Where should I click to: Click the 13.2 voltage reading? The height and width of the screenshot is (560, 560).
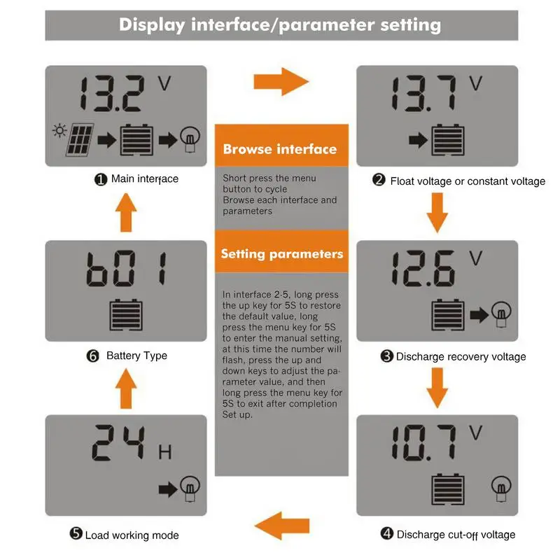(x=112, y=94)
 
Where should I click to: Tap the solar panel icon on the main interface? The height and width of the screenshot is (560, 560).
(x=80, y=139)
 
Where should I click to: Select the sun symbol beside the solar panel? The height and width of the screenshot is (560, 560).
(x=59, y=130)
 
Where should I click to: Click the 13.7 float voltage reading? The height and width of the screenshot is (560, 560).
(x=423, y=94)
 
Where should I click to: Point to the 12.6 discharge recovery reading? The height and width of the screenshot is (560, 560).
(x=423, y=269)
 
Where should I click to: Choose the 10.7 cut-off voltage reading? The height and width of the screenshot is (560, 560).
(x=423, y=442)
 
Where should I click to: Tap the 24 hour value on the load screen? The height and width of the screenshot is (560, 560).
(x=118, y=442)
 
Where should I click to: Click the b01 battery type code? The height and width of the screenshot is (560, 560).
(x=127, y=269)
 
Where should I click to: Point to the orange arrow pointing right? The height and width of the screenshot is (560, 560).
(x=281, y=81)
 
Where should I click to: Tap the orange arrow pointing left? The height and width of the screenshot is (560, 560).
(x=282, y=526)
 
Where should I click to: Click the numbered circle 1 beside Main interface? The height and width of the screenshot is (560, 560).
(x=101, y=179)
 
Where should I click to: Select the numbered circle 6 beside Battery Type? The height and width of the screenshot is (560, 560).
(x=93, y=356)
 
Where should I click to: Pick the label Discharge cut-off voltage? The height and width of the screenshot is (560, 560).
(x=456, y=535)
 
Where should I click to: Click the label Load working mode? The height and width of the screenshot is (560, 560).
(x=132, y=535)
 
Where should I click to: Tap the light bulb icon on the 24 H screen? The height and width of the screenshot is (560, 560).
(x=190, y=488)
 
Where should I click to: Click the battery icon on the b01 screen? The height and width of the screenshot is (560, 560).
(x=126, y=314)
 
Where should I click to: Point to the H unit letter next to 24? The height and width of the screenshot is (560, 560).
(x=165, y=452)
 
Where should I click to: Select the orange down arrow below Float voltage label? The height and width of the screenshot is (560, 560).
(x=437, y=213)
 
